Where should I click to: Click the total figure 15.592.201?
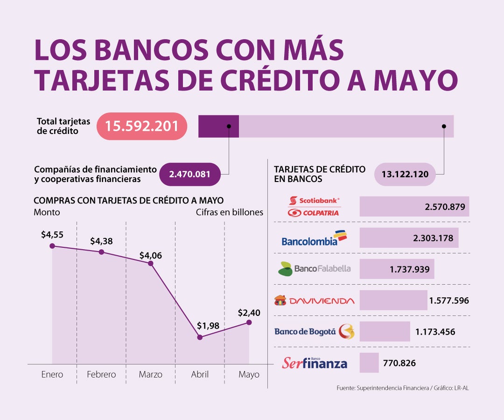pyautogui.click(x=142, y=126)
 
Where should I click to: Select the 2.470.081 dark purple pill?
pyautogui.click(x=189, y=175)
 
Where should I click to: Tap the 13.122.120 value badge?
pyautogui.click(x=405, y=175)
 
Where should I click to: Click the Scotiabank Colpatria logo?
pyautogui.click(x=314, y=206)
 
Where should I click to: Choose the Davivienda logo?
pyautogui.click(x=314, y=300)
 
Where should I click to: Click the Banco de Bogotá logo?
pyautogui.click(x=314, y=331)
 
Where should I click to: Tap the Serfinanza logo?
pyautogui.click(x=314, y=363)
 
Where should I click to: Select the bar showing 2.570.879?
pyautogui.click(x=414, y=206)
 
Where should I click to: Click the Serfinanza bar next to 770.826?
pyautogui.click(x=369, y=363)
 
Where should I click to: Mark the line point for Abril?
pyautogui.click(x=200, y=337)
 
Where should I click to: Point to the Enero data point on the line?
pyautogui.click(x=52, y=246)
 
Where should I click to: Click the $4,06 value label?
pyautogui.click(x=151, y=256)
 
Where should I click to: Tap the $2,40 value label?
pyautogui.click(x=249, y=313)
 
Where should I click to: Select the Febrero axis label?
pyautogui.click(x=101, y=374)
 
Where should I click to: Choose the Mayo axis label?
pyautogui.click(x=249, y=374)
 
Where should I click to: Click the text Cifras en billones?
pyautogui.click(x=229, y=212)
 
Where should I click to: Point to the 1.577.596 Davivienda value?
pyautogui.click(x=448, y=300)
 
